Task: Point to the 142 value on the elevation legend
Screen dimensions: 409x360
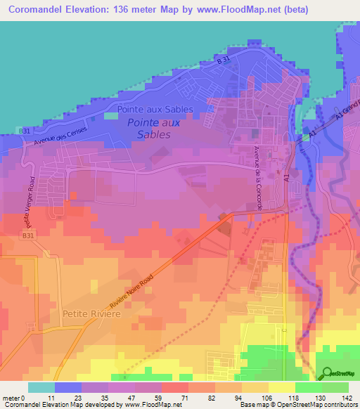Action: point(347,398)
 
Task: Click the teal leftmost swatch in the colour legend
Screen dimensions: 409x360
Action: point(41,387)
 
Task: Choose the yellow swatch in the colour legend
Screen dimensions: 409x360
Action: point(281,387)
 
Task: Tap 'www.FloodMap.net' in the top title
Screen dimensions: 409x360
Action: point(240,9)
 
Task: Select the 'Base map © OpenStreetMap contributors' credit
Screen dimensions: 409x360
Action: point(297,405)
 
